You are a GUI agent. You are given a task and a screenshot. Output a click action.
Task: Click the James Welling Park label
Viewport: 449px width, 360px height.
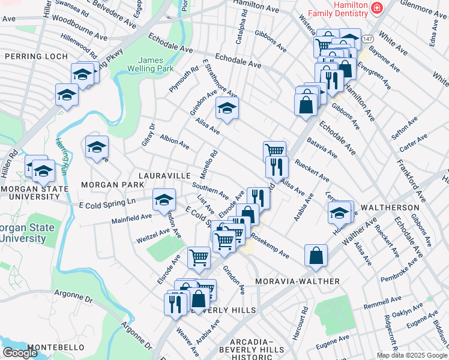[x=155, y=65]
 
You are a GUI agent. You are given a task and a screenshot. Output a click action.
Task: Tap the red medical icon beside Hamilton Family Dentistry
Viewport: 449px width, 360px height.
[x=376, y=8]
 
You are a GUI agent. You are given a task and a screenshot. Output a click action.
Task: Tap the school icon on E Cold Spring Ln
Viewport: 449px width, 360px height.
[x=164, y=201]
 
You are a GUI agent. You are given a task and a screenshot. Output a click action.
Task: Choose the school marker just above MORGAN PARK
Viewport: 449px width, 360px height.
[x=97, y=147]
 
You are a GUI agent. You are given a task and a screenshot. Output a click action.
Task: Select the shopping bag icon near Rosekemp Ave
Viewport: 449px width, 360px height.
[x=316, y=256]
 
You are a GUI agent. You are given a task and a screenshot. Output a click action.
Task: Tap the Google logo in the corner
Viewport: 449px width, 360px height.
[x=20, y=353]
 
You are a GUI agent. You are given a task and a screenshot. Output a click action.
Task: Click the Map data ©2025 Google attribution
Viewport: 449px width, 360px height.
[x=411, y=355]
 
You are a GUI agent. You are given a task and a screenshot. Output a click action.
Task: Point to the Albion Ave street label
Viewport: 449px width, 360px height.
[x=175, y=142]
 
